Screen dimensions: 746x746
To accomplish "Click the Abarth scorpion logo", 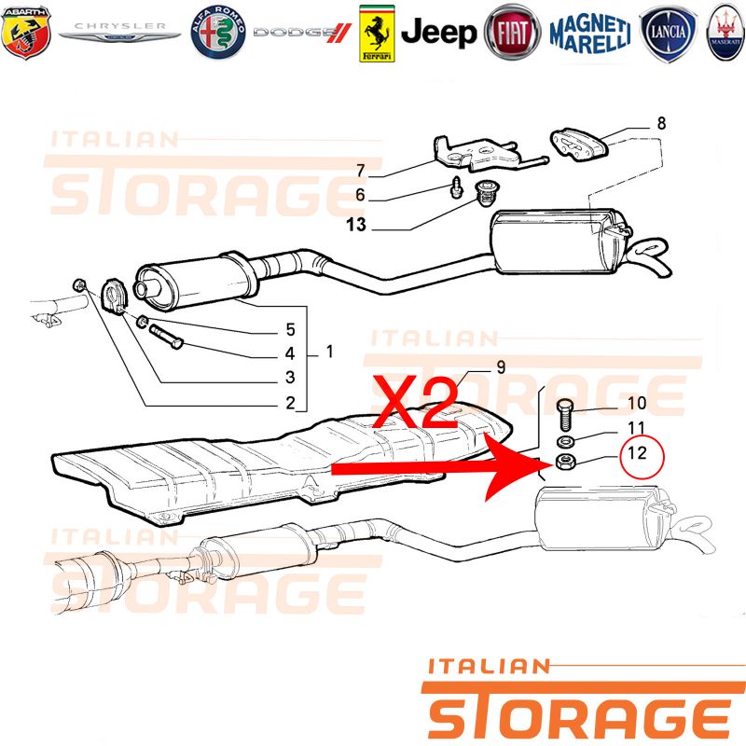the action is [x=26, y=33].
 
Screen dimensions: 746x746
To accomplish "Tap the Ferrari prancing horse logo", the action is [x=377, y=34].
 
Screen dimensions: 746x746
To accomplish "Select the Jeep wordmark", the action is [x=438, y=33].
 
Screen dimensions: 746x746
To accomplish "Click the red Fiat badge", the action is [x=512, y=33].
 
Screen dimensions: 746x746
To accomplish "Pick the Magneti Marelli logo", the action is [x=590, y=34].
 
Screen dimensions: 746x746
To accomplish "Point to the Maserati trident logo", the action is [x=726, y=33].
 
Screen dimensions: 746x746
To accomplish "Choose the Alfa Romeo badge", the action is [x=218, y=33].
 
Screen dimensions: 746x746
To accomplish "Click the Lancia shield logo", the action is [x=668, y=34].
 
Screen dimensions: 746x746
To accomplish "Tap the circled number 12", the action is [x=641, y=457].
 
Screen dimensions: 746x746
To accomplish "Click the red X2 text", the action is [x=415, y=402].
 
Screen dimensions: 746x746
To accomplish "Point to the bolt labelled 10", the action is [x=566, y=413].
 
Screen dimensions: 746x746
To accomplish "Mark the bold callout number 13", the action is [x=356, y=225].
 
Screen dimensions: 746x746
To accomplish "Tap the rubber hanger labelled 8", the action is [x=579, y=144].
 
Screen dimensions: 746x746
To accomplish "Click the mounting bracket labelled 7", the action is [x=490, y=154].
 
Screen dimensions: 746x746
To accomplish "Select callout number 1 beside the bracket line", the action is [x=330, y=352].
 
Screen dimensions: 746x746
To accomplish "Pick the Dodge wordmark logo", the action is [x=302, y=33].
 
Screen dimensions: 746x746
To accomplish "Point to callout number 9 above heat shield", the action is [x=501, y=366].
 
